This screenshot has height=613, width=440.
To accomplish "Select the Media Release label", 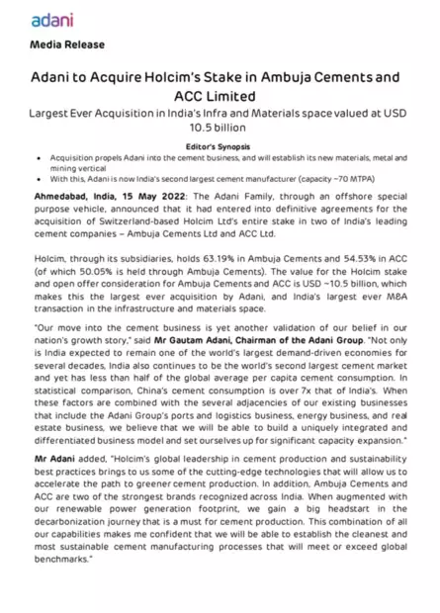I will point(67,45).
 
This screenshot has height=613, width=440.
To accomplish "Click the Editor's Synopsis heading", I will point(219,145).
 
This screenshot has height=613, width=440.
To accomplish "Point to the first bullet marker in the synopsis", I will point(37,157).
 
